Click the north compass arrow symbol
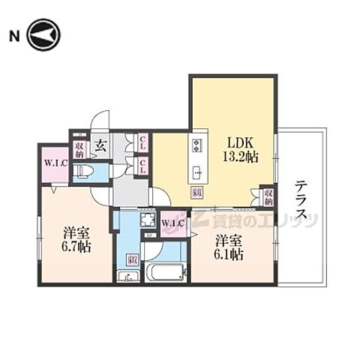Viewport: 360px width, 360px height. pos(43,35)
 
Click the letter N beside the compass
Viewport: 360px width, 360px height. pos(13,35)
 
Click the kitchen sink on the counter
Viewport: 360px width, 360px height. pos(198,169)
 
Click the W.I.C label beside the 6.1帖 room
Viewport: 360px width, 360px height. pos(172,223)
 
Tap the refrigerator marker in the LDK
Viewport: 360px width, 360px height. pos(196,193)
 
